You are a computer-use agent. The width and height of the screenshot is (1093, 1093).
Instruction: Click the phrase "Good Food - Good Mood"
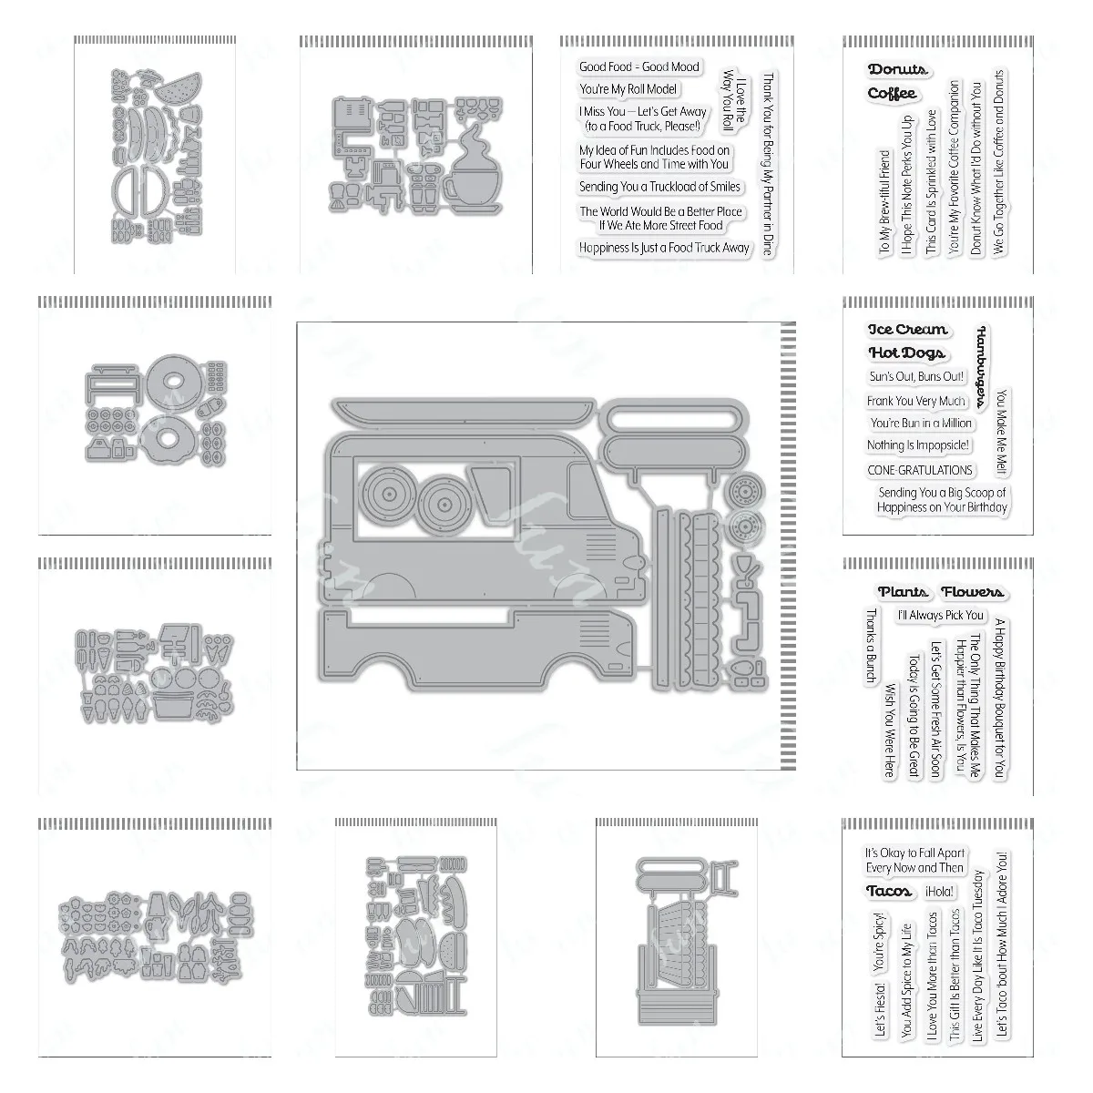[638, 66]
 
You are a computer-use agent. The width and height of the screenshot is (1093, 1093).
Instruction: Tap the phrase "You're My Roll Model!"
[628, 89]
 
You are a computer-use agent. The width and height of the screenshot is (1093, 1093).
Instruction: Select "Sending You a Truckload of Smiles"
[660, 187]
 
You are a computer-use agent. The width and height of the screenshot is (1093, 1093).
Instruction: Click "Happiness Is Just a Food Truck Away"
[664, 248]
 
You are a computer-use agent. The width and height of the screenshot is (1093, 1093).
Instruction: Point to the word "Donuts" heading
[897, 69]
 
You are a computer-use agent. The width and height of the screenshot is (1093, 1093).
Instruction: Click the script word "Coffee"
[892, 93]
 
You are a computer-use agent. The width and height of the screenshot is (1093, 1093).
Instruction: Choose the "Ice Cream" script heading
[907, 330]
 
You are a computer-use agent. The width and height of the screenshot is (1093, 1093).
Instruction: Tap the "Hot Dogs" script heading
[906, 352]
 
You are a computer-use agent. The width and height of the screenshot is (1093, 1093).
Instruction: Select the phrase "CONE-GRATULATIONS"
[919, 470]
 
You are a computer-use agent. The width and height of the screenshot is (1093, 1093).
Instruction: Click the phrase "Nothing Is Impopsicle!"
[918, 445]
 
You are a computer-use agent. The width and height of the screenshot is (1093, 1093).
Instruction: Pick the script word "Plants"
[903, 592]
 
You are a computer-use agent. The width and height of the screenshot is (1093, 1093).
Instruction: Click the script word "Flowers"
[972, 592]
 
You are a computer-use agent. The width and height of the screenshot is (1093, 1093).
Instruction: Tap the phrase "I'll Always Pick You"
[940, 616]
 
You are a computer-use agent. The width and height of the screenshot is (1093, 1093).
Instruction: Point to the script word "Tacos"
[889, 892]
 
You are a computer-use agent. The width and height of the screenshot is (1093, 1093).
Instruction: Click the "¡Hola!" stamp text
[937, 892]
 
